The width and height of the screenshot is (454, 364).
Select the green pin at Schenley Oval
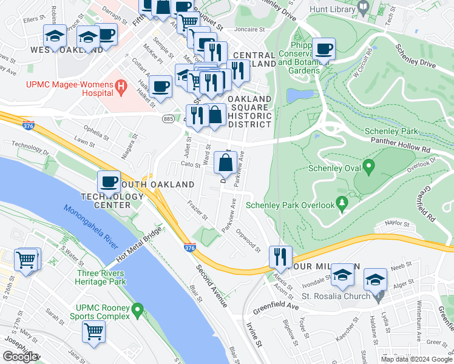(x=368, y=166)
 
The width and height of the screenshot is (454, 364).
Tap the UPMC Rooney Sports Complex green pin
(x=138, y=311)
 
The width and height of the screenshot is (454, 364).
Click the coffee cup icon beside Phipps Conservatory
(x=324, y=49)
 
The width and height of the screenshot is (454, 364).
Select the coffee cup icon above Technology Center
(x=109, y=181)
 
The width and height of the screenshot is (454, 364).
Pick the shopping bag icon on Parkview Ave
(x=225, y=163)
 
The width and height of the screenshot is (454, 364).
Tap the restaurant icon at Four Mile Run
(x=280, y=257)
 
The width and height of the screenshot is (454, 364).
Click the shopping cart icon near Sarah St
(x=93, y=331)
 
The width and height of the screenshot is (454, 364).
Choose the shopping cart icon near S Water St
(x=26, y=260)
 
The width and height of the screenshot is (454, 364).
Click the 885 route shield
(x=168, y=119)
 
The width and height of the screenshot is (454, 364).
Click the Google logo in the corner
(x=21, y=357)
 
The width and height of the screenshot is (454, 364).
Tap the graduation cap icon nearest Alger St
(x=375, y=280)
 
